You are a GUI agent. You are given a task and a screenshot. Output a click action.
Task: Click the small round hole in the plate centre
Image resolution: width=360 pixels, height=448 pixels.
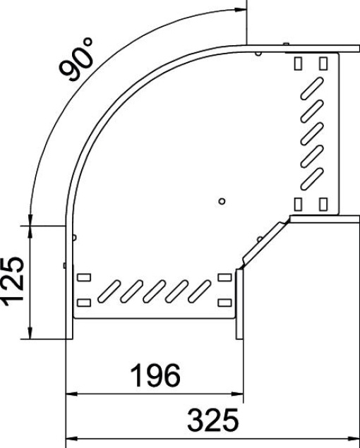[222, 201]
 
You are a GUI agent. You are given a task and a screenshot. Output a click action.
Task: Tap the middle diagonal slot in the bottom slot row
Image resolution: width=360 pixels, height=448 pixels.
[156, 289]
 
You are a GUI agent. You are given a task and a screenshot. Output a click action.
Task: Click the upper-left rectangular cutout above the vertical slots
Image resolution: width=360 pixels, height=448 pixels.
[298, 63]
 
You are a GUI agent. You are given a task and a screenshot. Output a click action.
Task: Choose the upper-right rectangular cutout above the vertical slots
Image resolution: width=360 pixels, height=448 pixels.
[323, 63]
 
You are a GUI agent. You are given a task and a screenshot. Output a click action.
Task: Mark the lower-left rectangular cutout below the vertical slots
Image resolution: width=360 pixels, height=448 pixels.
[298, 204]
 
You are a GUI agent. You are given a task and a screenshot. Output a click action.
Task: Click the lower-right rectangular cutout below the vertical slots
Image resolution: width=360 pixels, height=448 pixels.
[323, 204]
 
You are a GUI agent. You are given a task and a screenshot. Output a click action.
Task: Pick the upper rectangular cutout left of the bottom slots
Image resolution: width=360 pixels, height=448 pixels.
[83, 277]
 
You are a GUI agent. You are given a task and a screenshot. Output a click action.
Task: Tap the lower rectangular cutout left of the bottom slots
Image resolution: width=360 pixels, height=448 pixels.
[83, 303]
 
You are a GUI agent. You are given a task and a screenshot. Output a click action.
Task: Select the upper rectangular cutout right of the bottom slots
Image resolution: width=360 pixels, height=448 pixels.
[225, 277]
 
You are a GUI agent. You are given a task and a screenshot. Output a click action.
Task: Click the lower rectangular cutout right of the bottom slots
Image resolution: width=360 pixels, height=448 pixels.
[225, 303]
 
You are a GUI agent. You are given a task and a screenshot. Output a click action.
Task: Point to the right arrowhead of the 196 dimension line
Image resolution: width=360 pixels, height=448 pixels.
[239, 392]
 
